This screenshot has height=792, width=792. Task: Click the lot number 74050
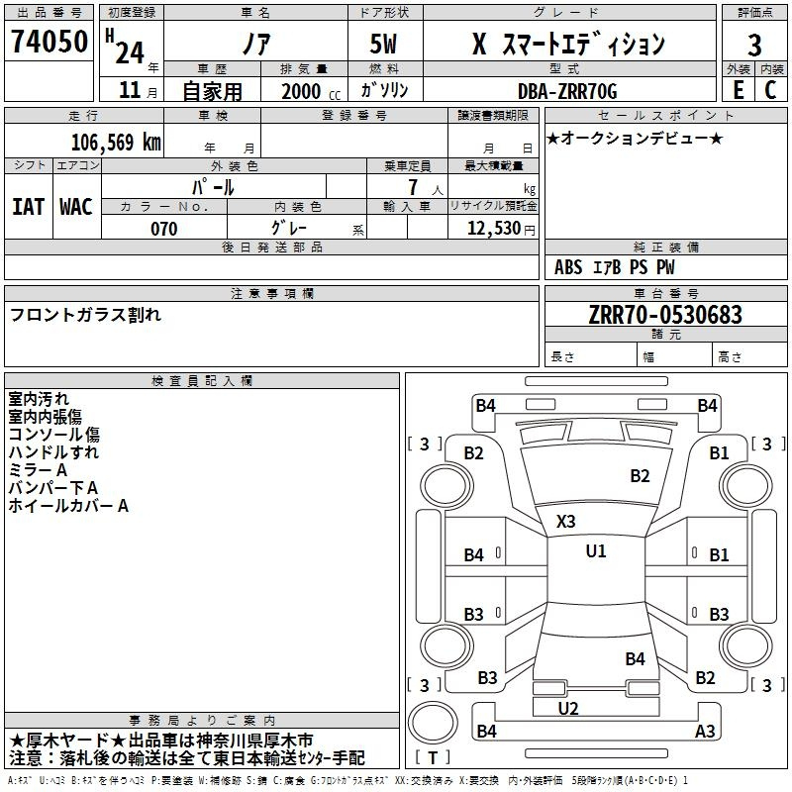pyautogui.click(x=49, y=42)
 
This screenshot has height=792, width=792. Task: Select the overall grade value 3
pyautogui.click(x=754, y=45)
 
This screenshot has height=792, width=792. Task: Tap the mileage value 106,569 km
pyautogui.click(x=116, y=143)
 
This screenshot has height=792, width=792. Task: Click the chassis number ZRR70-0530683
pyautogui.click(x=665, y=315)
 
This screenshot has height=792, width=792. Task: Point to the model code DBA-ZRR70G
pyautogui.click(x=567, y=91)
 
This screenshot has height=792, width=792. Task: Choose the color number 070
pyautogui.click(x=163, y=229)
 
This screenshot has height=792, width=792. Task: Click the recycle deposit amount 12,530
pyautogui.click(x=494, y=229)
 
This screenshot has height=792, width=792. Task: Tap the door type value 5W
pyautogui.click(x=383, y=44)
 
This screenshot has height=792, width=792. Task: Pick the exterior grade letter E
pyautogui.click(x=739, y=90)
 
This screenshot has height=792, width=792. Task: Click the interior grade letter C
pyautogui.click(x=770, y=90)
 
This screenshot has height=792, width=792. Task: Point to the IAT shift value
pyautogui.click(x=29, y=207)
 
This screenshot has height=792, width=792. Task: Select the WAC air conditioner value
pyautogui.click(x=76, y=207)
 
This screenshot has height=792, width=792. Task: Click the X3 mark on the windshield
pyautogui.click(x=565, y=522)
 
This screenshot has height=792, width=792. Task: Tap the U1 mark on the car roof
pyautogui.click(x=596, y=550)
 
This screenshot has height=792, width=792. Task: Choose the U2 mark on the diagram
pyautogui.click(x=568, y=709)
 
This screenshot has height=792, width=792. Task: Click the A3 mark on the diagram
pyautogui.click(x=705, y=731)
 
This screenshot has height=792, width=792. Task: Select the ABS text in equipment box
pyautogui.click(x=568, y=267)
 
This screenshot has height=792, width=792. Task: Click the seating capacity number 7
pyautogui.click(x=413, y=187)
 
